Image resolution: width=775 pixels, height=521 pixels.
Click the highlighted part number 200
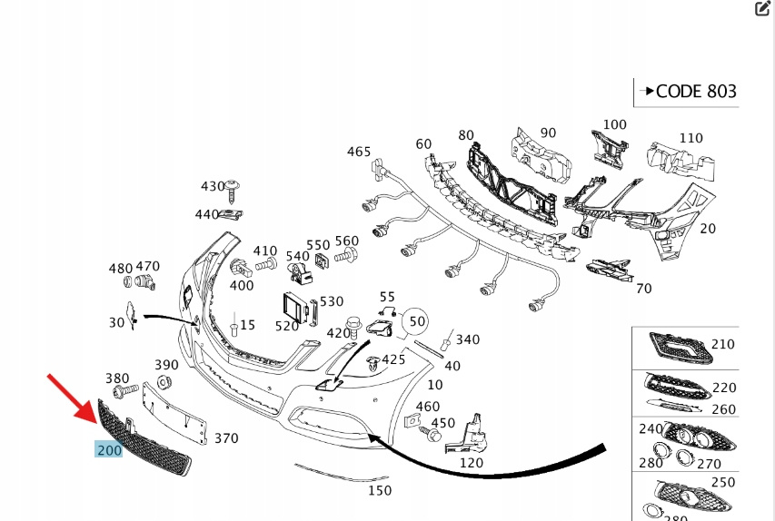[x=108, y=449]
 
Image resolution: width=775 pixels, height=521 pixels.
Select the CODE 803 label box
[x=686, y=92]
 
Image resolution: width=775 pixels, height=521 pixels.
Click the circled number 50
[x=416, y=321]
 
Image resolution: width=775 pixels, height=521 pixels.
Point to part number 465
[x=359, y=152]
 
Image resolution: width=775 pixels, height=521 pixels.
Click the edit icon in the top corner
[x=762, y=9]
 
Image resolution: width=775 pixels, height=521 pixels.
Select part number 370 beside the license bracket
[x=225, y=438]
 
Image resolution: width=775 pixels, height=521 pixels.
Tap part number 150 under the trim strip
[x=379, y=491]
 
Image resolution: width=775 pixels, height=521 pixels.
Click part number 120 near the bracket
[x=472, y=462]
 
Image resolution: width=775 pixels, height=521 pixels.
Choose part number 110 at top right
[x=691, y=138]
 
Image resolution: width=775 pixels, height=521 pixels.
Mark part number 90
[x=548, y=133]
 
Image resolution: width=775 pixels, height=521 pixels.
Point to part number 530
[x=332, y=301]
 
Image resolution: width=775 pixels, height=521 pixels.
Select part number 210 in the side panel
[x=722, y=344]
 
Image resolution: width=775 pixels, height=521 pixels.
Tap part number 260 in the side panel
[x=723, y=409]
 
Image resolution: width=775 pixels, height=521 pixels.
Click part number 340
[x=467, y=339]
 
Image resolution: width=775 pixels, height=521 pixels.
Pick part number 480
[x=121, y=269]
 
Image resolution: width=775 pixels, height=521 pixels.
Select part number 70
[x=643, y=289]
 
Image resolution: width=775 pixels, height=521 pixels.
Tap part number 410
[x=264, y=251]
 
